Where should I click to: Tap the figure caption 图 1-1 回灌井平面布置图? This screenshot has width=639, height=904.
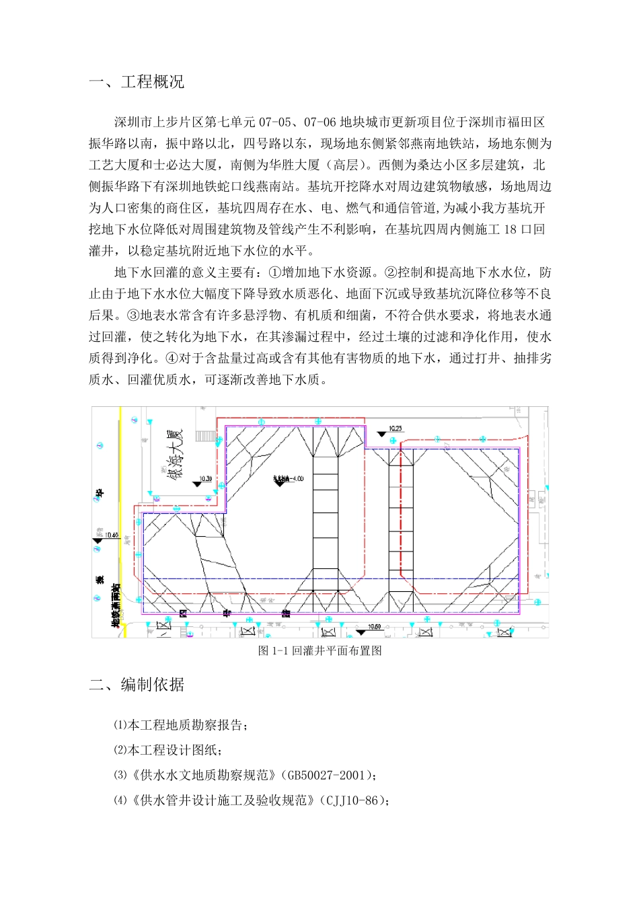click(320, 650)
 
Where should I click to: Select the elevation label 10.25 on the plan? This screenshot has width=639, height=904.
click(396, 428)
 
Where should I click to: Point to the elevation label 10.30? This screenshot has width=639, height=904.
click(205, 479)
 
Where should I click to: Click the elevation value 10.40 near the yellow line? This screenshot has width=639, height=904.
click(111, 535)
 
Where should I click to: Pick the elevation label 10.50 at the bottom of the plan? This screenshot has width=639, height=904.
click(374, 627)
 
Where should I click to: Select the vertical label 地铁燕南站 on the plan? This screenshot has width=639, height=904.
click(116, 605)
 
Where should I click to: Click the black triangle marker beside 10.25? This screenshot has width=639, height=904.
click(381, 434)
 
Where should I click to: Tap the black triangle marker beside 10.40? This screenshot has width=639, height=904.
click(98, 540)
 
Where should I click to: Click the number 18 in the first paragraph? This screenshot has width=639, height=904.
click(510, 229)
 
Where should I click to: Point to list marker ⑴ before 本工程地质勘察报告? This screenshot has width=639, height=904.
click(120, 725)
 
